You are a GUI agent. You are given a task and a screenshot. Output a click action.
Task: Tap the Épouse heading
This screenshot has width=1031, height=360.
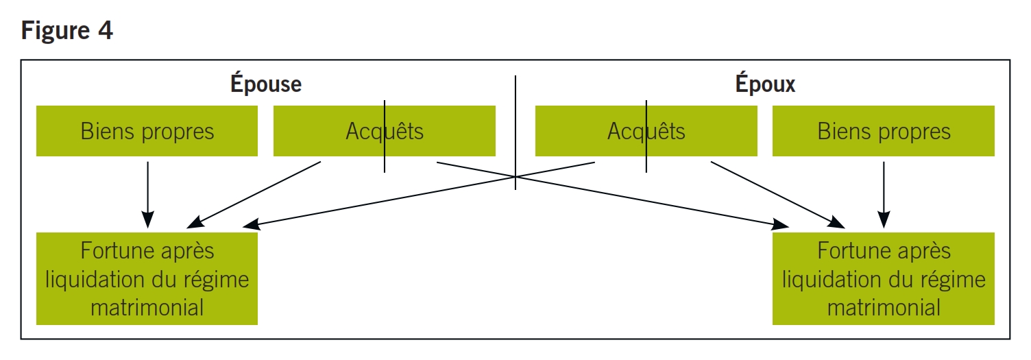click(x=265, y=84)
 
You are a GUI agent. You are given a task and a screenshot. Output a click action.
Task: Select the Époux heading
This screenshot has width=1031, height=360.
click(x=765, y=84)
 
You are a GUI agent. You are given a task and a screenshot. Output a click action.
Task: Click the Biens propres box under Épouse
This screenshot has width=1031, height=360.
click(x=147, y=131)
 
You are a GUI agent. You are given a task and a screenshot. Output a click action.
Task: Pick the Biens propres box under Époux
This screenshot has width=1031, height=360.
click(x=883, y=131)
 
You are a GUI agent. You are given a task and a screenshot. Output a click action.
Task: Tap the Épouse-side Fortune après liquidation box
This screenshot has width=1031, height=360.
click(x=147, y=278)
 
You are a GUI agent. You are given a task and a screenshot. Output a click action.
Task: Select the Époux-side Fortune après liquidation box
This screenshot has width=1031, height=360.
click(x=883, y=278)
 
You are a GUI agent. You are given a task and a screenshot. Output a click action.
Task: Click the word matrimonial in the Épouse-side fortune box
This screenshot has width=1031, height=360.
click(x=147, y=307)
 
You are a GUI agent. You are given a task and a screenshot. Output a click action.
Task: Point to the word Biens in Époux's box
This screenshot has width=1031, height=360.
click(x=840, y=131)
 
